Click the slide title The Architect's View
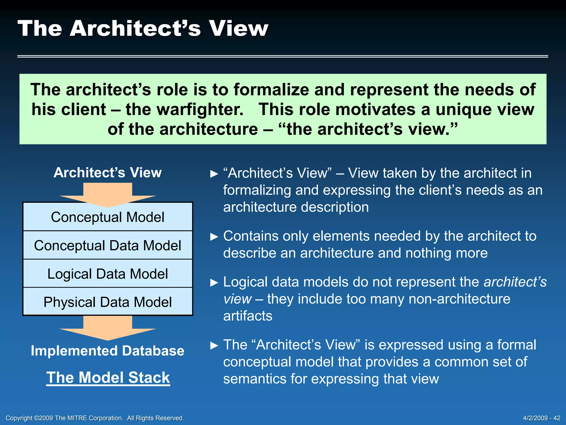(x=143, y=28)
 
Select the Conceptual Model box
(x=108, y=217)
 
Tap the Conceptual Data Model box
(x=108, y=245)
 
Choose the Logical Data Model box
(x=108, y=274)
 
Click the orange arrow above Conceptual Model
(x=108, y=194)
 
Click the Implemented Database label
(x=108, y=351)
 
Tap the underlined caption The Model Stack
(x=108, y=377)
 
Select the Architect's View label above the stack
(x=108, y=173)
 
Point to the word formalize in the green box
(x=271, y=90)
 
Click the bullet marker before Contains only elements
(x=214, y=237)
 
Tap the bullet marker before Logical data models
(x=214, y=283)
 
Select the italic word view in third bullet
(x=237, y=299)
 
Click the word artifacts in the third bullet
(x=248, y=316)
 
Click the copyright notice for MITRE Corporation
(x=95, y=418)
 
